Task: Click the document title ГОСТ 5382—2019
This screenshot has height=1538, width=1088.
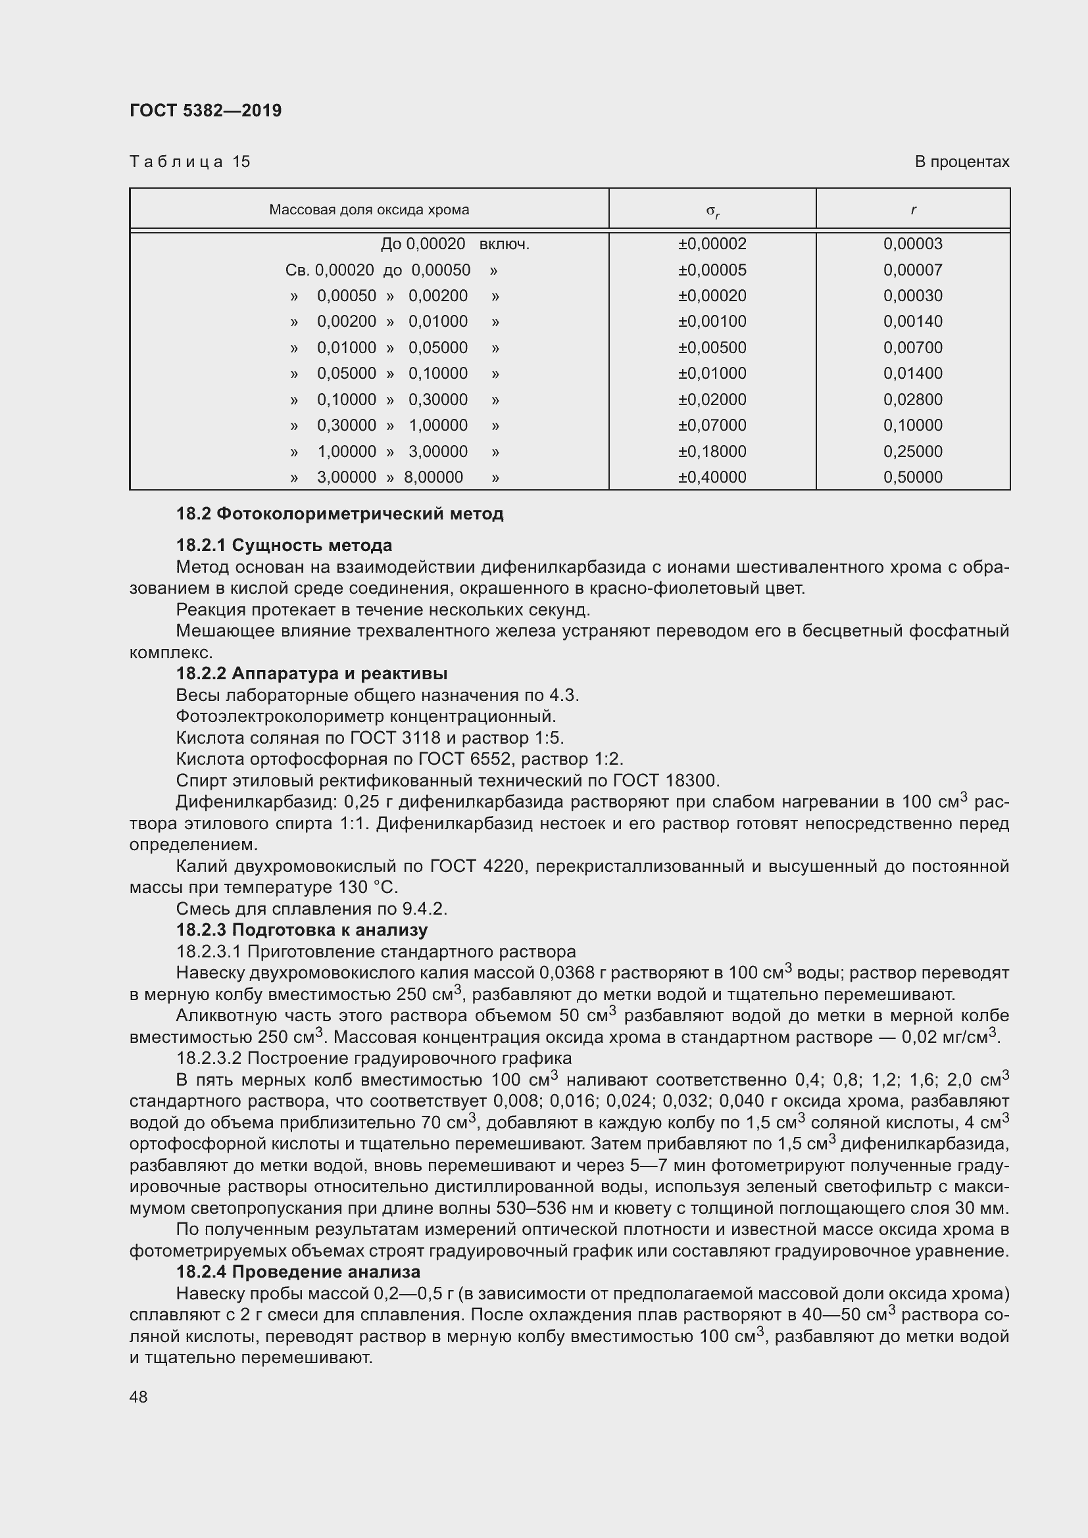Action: (205, 110)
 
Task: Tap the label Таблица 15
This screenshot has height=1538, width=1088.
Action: (189, 162)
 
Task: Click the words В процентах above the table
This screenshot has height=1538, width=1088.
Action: (962, 162)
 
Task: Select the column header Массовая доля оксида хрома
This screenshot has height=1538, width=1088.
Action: (368, 210)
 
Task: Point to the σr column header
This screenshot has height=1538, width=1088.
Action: (712, 211)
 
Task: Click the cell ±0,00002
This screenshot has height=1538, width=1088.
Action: (712, 244)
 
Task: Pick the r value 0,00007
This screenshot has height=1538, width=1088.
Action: (912, 270)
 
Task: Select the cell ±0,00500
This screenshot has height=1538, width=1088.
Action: (712, 348)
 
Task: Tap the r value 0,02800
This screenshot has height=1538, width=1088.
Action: (912, 400)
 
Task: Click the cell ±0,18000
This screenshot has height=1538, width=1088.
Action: (712, 452)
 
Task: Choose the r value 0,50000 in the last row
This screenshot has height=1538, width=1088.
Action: (912, 477)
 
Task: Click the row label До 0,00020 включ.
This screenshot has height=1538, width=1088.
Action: (455, 244)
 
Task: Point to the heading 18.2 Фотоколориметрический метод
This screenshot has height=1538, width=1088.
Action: (339, 514)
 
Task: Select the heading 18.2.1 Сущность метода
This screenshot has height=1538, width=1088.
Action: (284, 545)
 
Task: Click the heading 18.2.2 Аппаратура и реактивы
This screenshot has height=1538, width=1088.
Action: (312, 673)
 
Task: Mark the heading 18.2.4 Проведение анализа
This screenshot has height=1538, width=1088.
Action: (298, 1272)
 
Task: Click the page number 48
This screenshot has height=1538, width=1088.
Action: (139, 1397)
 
